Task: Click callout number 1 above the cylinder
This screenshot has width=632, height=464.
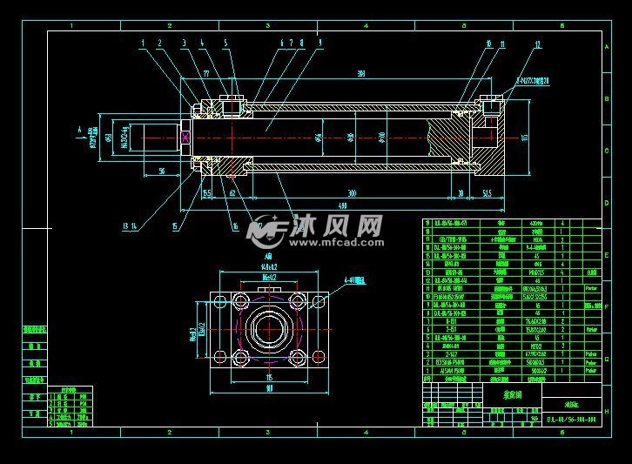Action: (142, 42)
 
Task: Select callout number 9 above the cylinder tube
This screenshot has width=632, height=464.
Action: (320, 42)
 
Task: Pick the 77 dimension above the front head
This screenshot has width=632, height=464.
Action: (205, 75)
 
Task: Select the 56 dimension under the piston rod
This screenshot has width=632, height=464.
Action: (163, 171)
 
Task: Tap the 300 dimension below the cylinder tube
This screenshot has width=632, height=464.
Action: (352, 192)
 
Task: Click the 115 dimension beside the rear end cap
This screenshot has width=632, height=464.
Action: (525, 137)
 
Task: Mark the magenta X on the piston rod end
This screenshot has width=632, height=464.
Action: (186, 137)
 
